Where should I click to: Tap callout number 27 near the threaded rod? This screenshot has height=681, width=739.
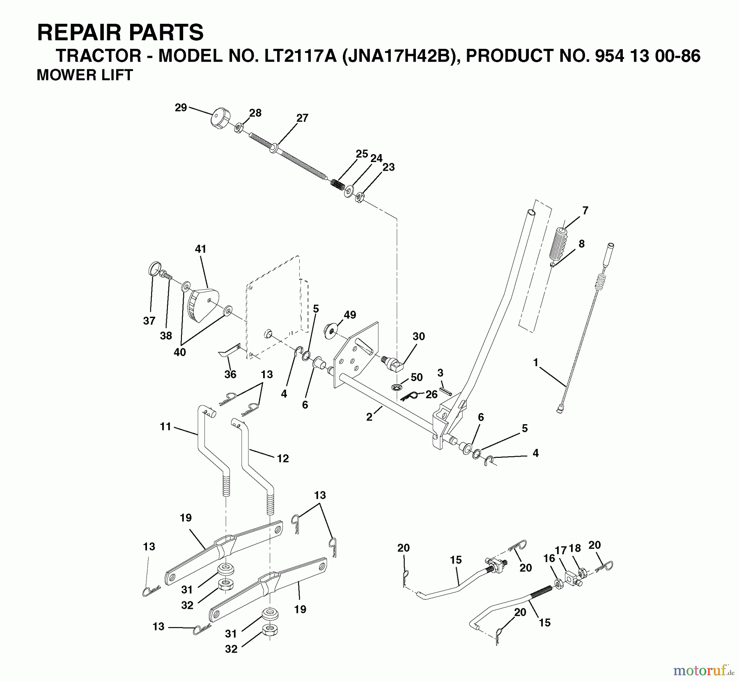302,118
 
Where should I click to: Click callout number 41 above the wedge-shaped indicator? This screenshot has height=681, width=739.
200,249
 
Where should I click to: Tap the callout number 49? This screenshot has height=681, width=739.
350,315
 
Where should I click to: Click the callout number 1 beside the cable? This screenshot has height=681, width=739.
535,362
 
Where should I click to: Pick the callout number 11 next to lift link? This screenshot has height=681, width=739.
165,427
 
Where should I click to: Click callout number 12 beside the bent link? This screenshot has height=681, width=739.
283,458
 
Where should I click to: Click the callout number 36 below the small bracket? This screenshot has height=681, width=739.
230,374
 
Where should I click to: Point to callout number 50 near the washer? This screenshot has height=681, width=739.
416,377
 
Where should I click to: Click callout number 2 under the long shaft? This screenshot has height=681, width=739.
369,417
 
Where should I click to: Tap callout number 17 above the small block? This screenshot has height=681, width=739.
561,550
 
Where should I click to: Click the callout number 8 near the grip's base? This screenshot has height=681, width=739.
581,244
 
